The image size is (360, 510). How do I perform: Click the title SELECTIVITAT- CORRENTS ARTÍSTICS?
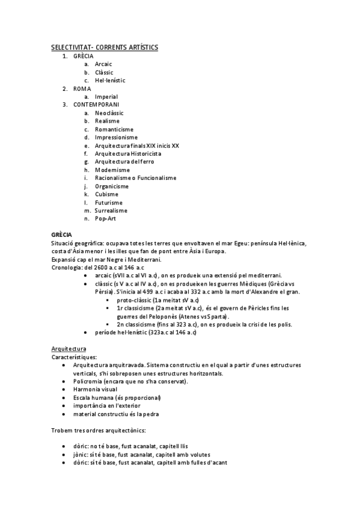(x=105, y=46)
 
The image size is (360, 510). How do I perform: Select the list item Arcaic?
(x=103, y=64)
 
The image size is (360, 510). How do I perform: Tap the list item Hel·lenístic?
(x=110, y=80)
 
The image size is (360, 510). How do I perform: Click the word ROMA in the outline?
(x=82, y=88)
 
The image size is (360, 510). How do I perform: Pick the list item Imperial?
(x=106, y=96)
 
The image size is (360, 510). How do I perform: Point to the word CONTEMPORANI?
(x=96, y=105)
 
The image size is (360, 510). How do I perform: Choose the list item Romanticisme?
(x=114, y=129)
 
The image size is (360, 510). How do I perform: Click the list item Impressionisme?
(x=115, y=137)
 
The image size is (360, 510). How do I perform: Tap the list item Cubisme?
(x=106, y=194)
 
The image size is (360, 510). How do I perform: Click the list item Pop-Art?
(x=105, y=219)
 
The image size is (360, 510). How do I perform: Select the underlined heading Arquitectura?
(x=69, y=348)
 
